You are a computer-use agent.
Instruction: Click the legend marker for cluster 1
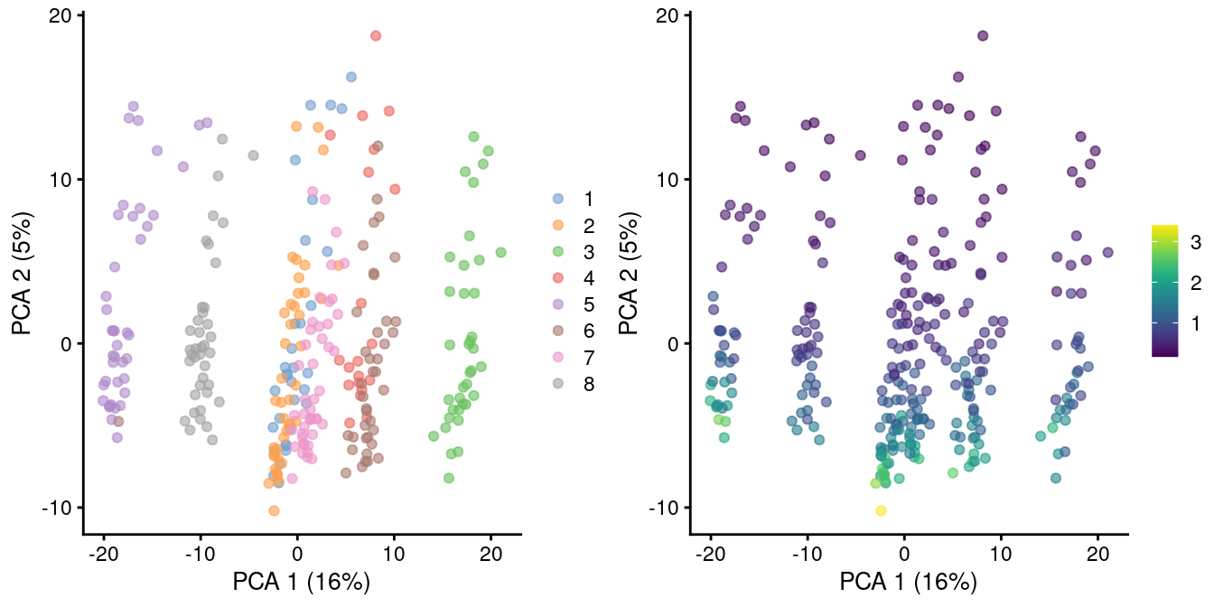click(x=558, y=199)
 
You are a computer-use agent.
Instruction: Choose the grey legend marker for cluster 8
click(x=558, y=384)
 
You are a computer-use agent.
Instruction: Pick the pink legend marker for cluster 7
click(x=558, y=357)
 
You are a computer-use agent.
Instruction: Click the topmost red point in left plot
click(x=376, y=36)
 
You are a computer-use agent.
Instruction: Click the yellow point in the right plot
click(x=881, y=510)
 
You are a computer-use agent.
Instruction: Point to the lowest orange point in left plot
click(x=274, y=510)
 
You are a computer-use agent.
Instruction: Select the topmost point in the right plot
click(x=983, y=36)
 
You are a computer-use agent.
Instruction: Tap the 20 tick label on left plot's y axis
click(x=61, y=15)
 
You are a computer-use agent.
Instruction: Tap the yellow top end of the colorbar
click(x=1165, y=228)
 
